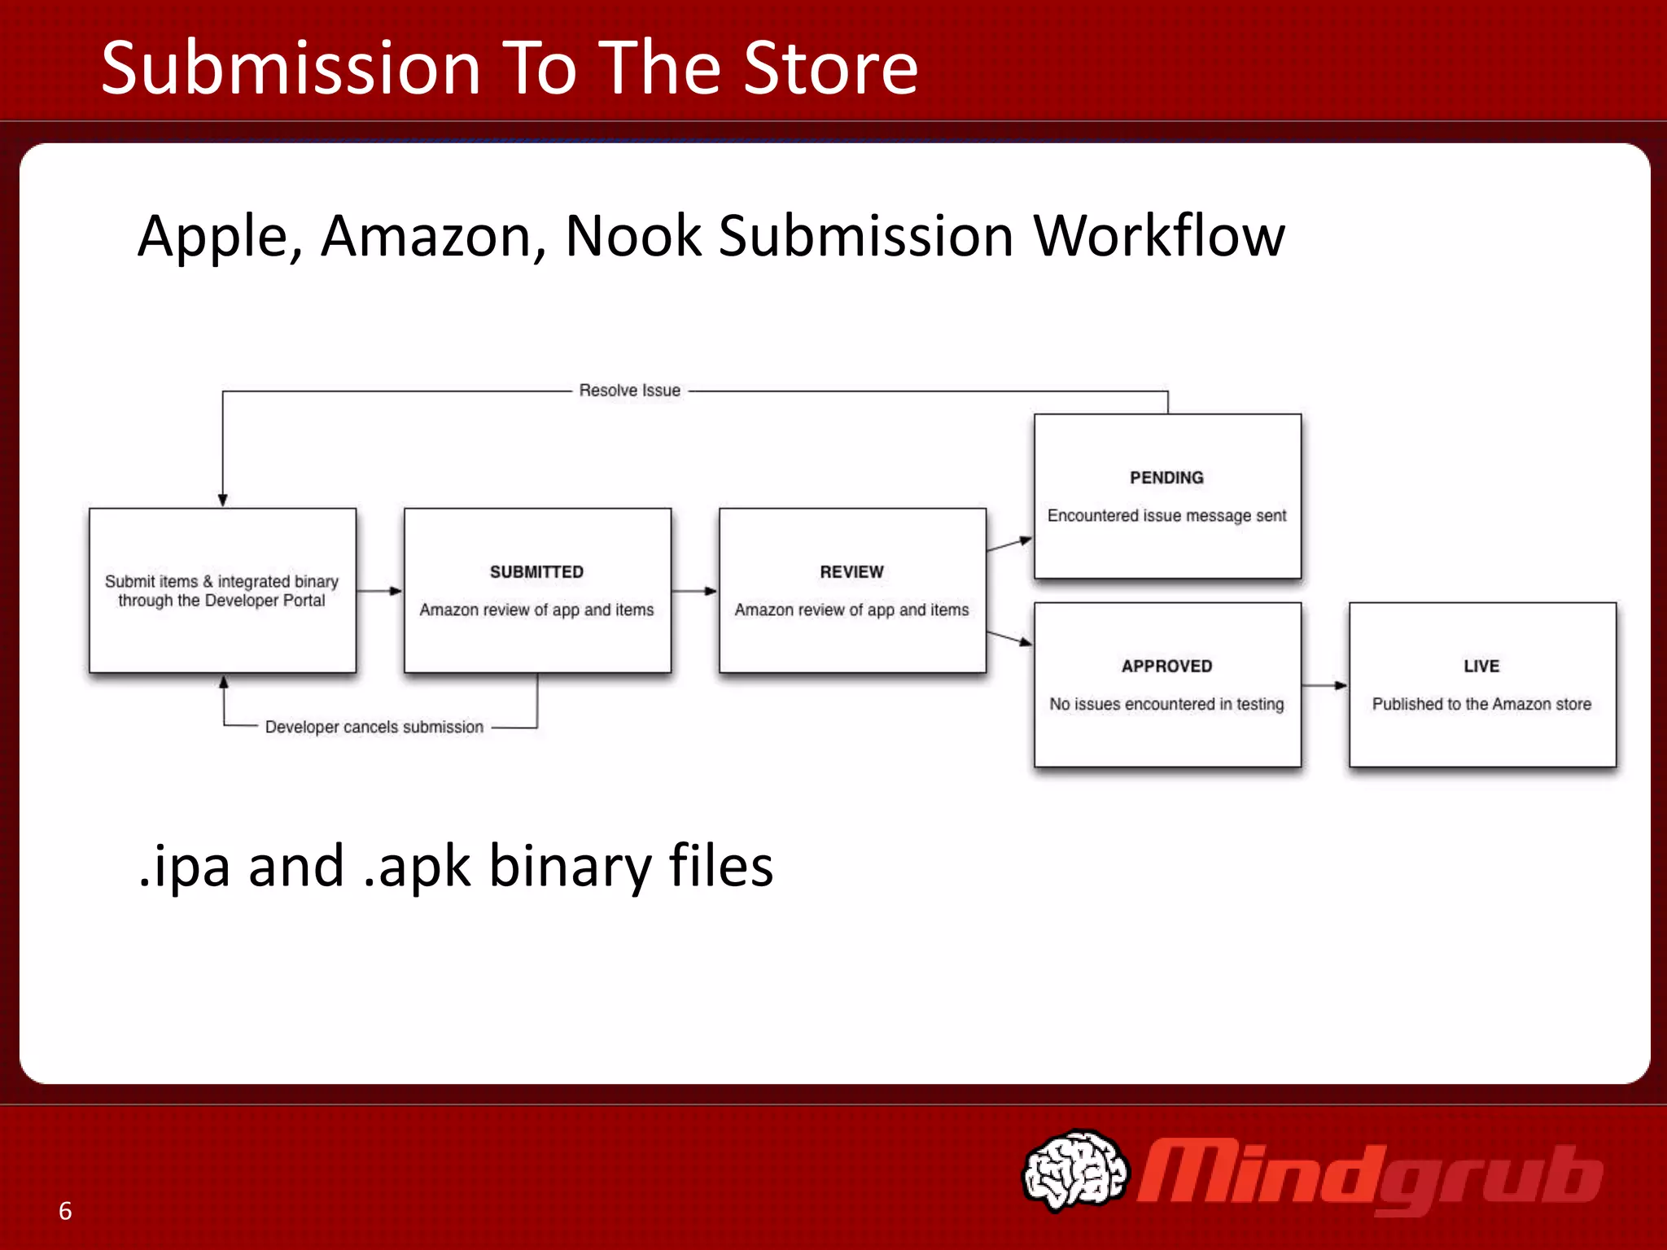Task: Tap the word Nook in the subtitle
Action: click(632, 237)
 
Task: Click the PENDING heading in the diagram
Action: click(1166, 478)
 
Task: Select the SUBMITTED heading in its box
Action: click(536, 572)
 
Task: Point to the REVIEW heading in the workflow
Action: click(851, 572)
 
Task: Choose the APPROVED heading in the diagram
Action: click(1166, 667)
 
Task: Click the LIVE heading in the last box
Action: click(1481, 667)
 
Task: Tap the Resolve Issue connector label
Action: click(629, 391)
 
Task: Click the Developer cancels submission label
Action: click(374, 727)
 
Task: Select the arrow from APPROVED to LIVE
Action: click(1325, 685)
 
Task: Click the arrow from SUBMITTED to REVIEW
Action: click(694, 591)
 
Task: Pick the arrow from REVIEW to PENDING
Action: click(1009, 544)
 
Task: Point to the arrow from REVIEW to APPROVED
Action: click(1009, 638)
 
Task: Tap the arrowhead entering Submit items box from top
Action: click(222, 500)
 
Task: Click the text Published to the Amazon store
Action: click(1481, 704)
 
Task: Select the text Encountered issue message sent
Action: click(1166, 516)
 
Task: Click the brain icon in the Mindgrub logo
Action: click(1074, 1170)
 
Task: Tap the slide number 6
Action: click(65, 1211)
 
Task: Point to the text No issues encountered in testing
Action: click(1166, 704)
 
